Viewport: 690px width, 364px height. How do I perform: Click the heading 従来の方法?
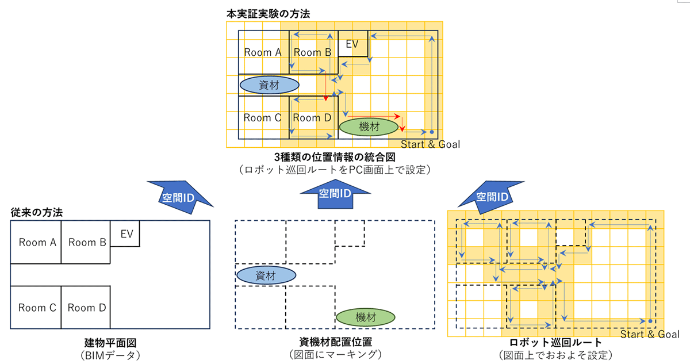click(37, 212)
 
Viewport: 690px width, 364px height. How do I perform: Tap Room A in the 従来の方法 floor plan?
click(37, 242)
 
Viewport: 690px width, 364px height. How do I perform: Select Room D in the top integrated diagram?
click(312, 118)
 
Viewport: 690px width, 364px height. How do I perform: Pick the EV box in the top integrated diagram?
click(352, 44)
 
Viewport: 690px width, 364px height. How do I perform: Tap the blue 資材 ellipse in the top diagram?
click(269, 85)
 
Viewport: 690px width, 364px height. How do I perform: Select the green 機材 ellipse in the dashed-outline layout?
click(365, 316)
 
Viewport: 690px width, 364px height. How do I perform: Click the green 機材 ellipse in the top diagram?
click(369, 127)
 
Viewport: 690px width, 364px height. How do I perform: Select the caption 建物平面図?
click(110, 342)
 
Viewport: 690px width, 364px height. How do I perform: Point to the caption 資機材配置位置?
click(336, 342)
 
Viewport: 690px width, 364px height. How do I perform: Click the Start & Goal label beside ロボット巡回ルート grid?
click(650, 335)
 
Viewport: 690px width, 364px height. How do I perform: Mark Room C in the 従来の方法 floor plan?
click(37, 308)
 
